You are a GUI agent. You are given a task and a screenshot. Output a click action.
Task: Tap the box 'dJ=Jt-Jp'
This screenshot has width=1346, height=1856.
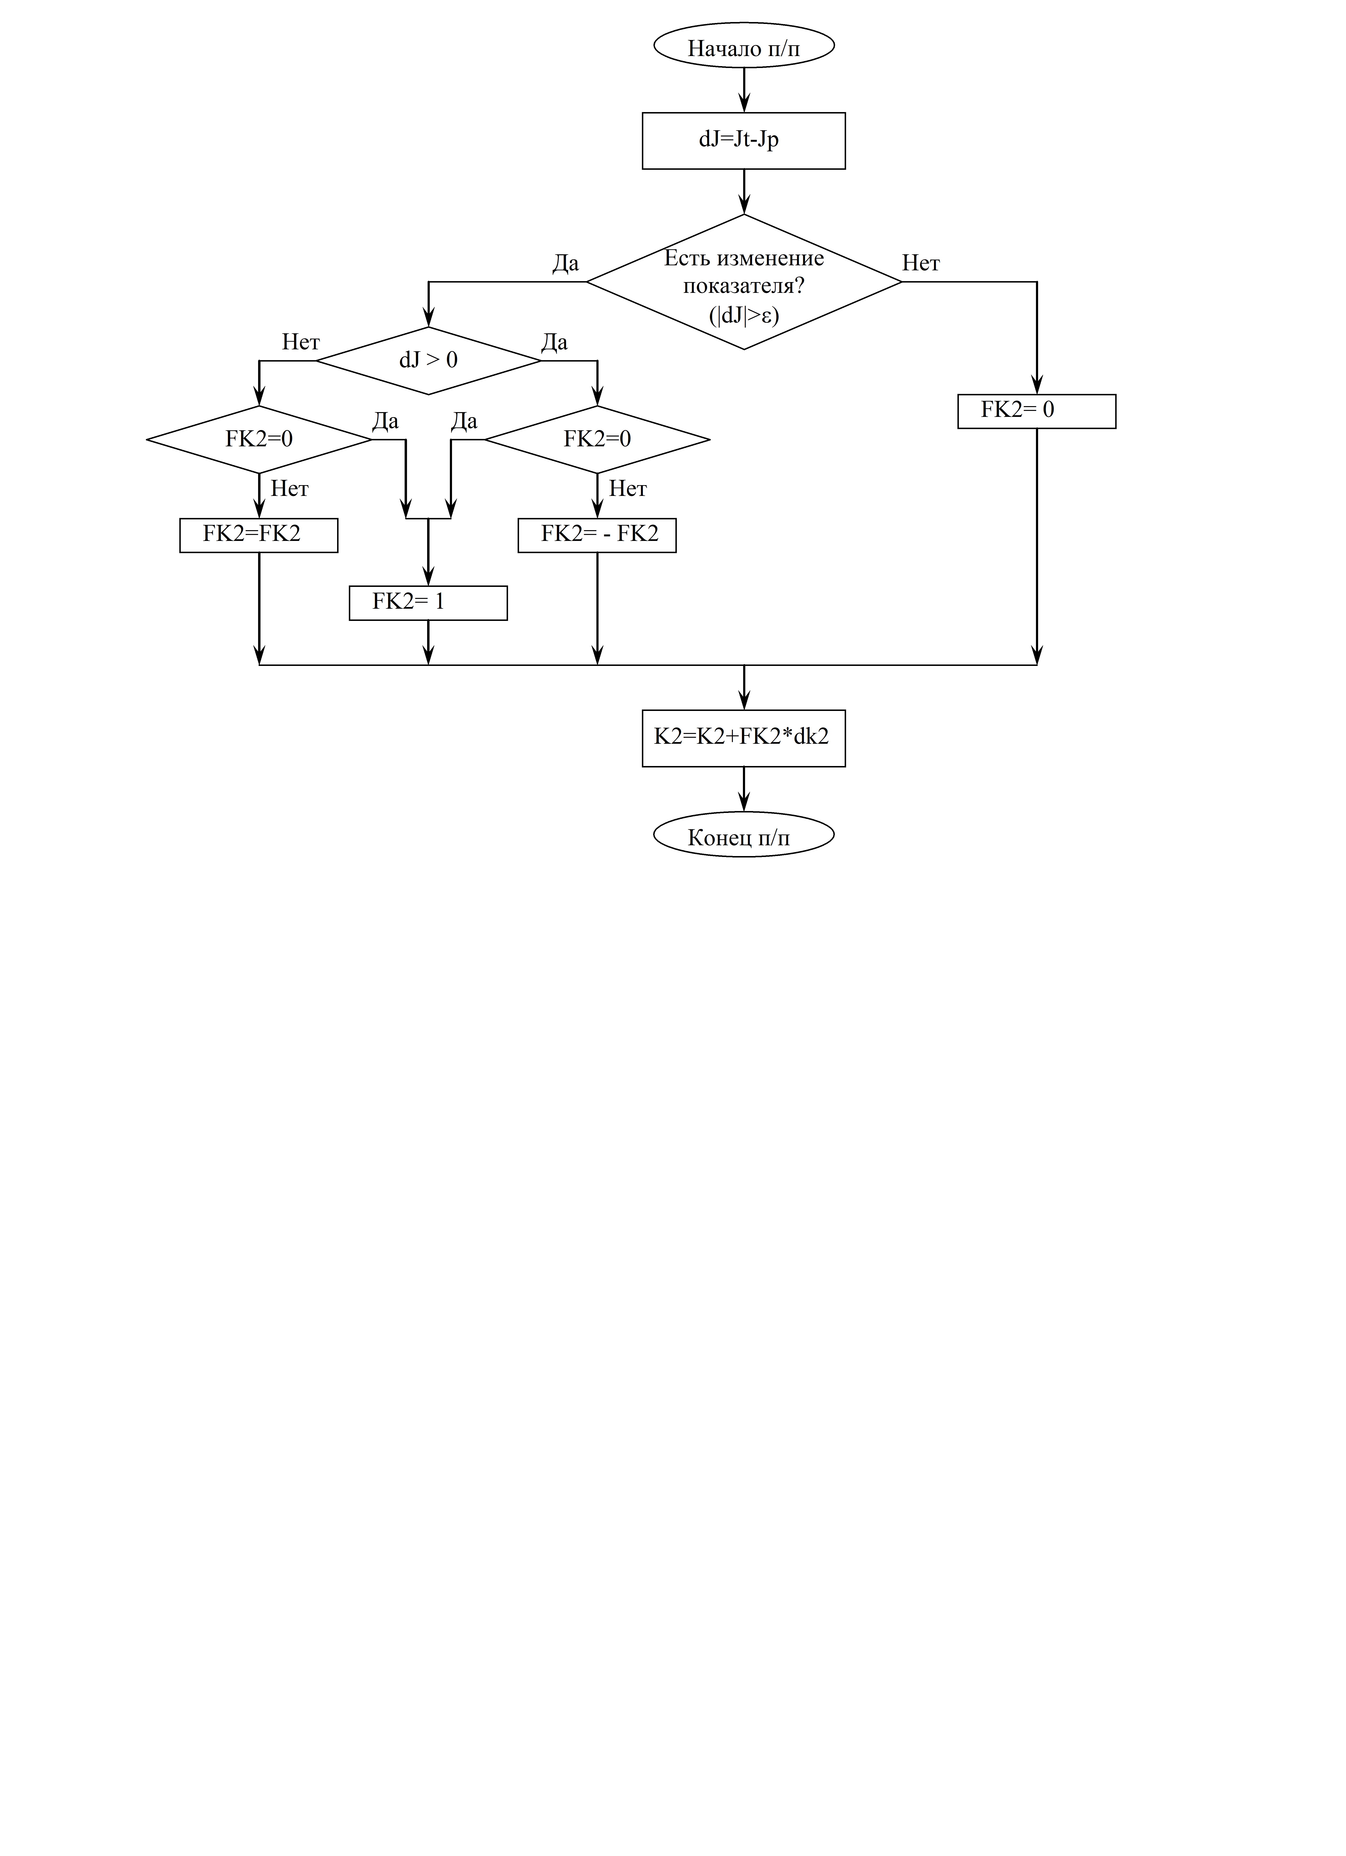[744, 141]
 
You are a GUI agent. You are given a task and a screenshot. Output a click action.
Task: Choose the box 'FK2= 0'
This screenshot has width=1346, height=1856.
[1037, 412]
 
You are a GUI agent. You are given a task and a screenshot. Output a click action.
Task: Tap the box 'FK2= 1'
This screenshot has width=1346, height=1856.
[428, 603]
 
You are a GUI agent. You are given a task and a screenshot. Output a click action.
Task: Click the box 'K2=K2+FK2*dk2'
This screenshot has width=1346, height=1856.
[744, 738]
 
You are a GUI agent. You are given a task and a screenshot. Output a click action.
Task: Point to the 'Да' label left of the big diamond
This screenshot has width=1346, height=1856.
[566, 263]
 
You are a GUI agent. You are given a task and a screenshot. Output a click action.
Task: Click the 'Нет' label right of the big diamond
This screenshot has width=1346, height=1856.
[921, 263]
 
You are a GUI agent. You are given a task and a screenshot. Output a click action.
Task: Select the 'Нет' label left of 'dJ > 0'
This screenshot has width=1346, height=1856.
[301, 342]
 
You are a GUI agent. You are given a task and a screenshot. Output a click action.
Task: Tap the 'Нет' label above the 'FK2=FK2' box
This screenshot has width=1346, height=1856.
[290, 488]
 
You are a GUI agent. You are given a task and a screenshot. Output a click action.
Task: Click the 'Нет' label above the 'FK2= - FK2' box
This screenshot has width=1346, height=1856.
[628, 488]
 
